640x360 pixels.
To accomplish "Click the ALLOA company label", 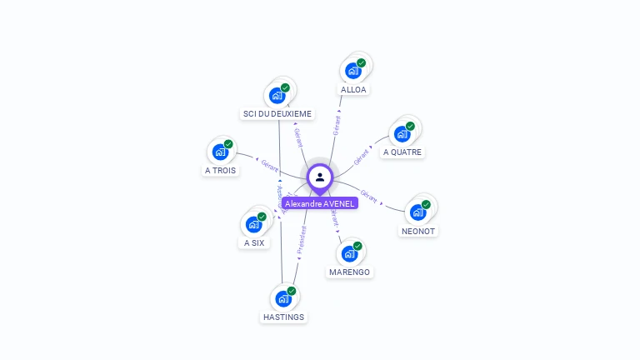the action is pyautogui.click(x=353, y=89).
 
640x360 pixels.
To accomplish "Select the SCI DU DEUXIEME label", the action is pyautogui.click(x=277, y=113).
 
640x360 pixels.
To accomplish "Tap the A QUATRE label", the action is pyautogui.click(x=402, y=152).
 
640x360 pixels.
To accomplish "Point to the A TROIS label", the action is pyautogui.click(x=220, y=170).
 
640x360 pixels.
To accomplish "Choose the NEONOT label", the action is pyautogui.click(x=417, y=231).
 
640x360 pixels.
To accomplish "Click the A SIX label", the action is pyautogui.click(x=253, y=242).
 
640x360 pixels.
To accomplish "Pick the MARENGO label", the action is pyautogui.click(x=349, y=272).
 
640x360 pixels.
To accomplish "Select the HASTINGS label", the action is pyautogui.click(x=283, y=317).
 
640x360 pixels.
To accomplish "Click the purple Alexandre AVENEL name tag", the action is pyautogui.click(x=320, y=203).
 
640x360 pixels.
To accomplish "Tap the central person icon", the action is pyautogui.click(x=320, y=177).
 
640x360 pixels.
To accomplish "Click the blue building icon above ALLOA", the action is pyautogui.click(x=352, y=71).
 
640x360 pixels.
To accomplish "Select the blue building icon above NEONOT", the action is pyautogui.click(x=417, y=212).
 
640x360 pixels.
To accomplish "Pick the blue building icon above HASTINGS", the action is pyautogui.click(x=283, y=298).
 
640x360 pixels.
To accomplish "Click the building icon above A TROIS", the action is pyautogui.click(x=220, y=152).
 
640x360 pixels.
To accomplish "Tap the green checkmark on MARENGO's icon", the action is pyautogui.click(x=357, y=246).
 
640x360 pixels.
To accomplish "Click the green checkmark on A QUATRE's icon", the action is pyautogui.click(x=410, y=126).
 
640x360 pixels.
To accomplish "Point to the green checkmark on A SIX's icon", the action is pyautogui.click(x=262, y=217).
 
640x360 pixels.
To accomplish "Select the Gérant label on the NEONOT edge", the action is pyautogui.click(x=369, y=197).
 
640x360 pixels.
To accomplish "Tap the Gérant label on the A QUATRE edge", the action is pyautogui.click(x=361, y=156).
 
